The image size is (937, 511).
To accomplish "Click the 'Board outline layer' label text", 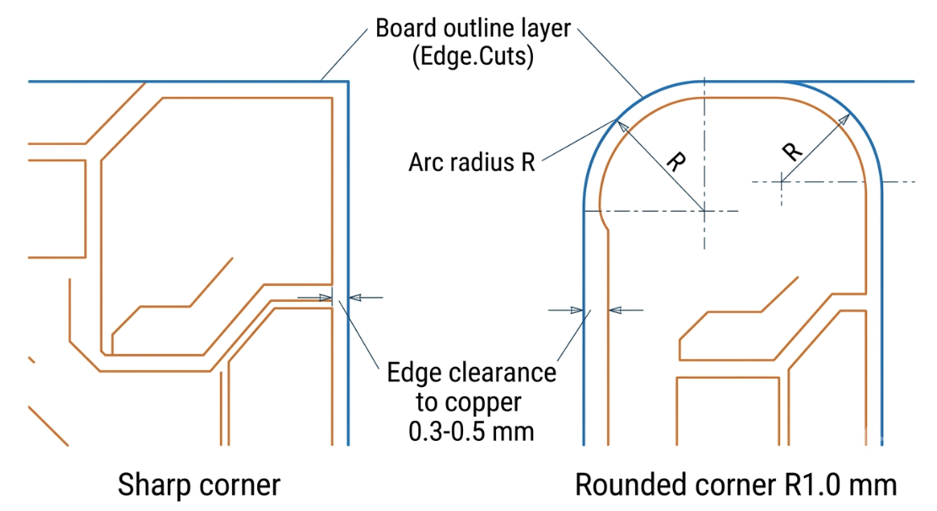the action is coord(472,28).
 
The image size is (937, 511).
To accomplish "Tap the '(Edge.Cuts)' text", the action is coord(472,56).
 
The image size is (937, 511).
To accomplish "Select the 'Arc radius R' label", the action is coord(471,162).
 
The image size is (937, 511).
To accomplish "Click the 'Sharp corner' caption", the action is coord(199,485).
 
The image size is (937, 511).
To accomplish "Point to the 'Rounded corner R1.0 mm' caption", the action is coord(735,485).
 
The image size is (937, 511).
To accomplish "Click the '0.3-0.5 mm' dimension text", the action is coord(471,431).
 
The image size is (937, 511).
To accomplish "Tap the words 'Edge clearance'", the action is coord(471,373).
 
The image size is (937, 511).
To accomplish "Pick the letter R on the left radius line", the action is coord(676,162).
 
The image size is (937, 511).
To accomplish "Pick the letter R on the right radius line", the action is coord(792,152).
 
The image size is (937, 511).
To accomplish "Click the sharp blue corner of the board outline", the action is coord(347,82).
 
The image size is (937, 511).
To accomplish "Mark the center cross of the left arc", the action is coord(704,210).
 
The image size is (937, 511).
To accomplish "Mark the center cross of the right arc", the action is coord(782,181).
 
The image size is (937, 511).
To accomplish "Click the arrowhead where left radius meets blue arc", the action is coord(622,126).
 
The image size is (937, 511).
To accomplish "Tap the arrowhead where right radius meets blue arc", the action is coord(843,119).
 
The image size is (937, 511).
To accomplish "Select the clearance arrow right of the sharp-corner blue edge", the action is coord(366,297).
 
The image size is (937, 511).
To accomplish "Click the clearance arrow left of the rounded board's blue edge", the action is coord(565,310).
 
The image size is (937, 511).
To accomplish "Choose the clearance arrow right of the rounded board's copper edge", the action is coord(627,310).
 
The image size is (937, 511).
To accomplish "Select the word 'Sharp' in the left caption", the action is coord(153,485).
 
